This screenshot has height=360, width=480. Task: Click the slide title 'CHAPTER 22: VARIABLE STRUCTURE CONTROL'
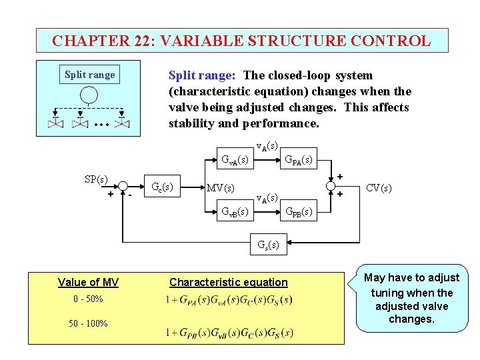click(x=241, y=41)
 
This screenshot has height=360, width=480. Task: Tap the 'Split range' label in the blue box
click(x=89, y=75)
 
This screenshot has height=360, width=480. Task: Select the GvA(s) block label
click(x=235, y=160)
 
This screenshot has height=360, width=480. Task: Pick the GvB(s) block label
click(x=235, y=212)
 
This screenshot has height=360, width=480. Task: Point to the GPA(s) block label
click(x=299, y=160)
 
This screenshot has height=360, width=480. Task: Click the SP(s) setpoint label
click(x=97, y=179)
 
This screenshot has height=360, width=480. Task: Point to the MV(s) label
click(x=221, y=187)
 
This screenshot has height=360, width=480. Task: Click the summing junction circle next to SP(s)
click(x=123, y=186)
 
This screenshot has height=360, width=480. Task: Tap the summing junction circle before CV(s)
click(x=331, y=186)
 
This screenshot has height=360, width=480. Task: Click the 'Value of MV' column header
click(x=88, y=282)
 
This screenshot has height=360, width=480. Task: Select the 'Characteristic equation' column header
click(x=229, y=282)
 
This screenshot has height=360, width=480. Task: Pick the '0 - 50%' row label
click(x=88, y=299)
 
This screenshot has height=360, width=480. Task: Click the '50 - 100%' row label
click(x=88, y=324)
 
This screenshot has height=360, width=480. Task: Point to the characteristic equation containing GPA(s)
click(x=229, y=300)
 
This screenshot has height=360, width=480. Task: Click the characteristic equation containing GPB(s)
click(x=229, y=332)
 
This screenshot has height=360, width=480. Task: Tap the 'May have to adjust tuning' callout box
click(x=411, y=298)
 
